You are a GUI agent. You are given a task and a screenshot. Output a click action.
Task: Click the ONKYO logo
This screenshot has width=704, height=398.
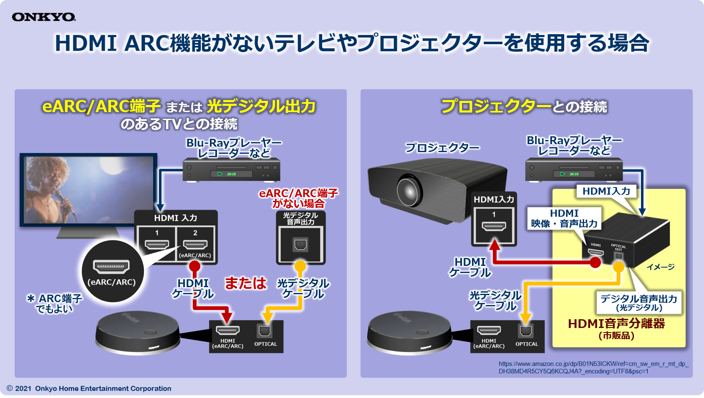coord(44,17)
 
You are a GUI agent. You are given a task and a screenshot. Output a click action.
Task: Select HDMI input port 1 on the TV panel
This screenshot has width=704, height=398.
coord(157,244)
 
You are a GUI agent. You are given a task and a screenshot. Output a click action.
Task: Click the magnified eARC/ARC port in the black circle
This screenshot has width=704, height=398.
coord(111,266)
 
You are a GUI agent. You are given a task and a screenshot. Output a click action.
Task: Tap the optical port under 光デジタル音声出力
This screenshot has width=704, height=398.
coord(300,245)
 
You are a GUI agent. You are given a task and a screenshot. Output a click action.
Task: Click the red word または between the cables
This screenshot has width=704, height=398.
coord(245,283)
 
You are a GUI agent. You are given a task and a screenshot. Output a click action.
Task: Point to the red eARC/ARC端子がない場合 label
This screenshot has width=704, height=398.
coord(298,198)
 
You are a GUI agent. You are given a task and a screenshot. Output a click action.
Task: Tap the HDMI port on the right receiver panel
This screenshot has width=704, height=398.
coord(489,331)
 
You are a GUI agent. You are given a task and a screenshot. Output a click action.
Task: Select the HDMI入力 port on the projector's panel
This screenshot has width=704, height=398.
coord(494,226)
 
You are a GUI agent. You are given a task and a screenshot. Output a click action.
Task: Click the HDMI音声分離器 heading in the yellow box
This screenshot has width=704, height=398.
coord(616,323)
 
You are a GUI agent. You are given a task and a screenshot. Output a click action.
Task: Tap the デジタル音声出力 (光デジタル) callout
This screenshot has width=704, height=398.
coord(638,303)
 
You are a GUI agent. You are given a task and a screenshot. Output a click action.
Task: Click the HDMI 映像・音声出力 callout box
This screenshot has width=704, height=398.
coord(564,218)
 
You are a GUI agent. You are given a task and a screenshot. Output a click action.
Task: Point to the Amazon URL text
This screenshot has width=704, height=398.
coord(593,367)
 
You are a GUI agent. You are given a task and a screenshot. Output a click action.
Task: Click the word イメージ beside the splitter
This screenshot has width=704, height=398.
coord(660,267)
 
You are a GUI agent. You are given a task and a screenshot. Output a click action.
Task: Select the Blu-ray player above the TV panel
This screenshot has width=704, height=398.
coord(231,170)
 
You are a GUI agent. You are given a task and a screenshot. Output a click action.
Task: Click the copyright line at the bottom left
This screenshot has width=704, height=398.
coord(89,388)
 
